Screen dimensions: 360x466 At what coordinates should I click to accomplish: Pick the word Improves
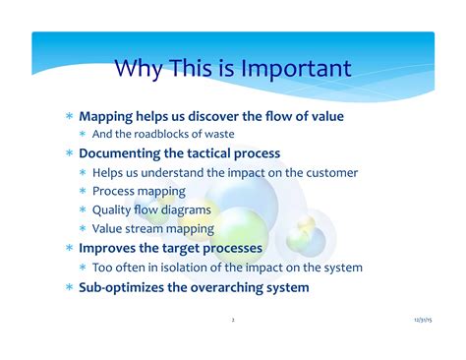(x=110, y=248)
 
